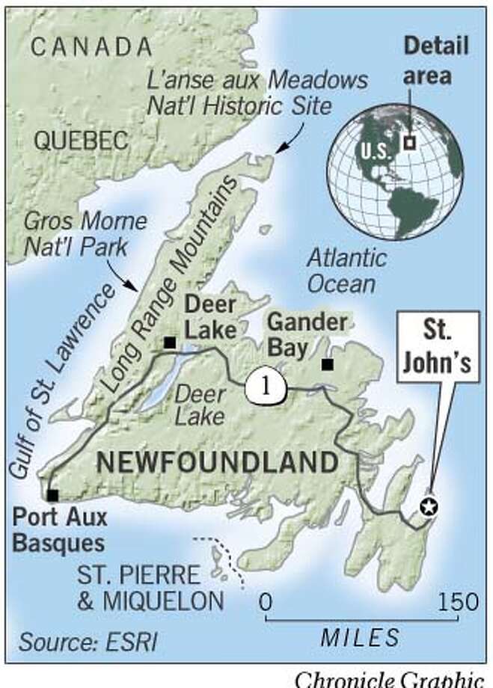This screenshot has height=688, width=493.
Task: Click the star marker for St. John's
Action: pyautogui.click(x=428, y=506)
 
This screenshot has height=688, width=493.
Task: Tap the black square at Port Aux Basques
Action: pyautogui.click(x=52, y=495)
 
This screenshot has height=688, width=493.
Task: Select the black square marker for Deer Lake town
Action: pyautogui.click(x=170, y=343)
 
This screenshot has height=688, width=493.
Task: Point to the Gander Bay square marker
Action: pyautogui.click(x=327, y=364)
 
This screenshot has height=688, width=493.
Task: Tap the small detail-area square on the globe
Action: pyautogui.click(x=409, y=142)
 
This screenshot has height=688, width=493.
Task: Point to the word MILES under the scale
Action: pyautogui.click(x=359, y=637)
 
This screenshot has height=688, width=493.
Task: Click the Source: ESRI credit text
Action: pyautogui.click(x=88, y=641)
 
